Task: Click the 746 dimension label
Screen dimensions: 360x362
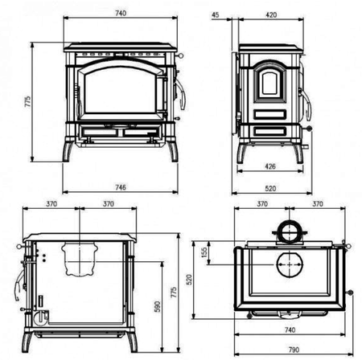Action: click(121, 187)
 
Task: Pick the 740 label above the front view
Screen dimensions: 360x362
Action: click(121, 13)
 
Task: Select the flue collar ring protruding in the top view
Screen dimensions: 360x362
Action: click(287, 231)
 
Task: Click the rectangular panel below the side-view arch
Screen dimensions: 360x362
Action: click(269, 130)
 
